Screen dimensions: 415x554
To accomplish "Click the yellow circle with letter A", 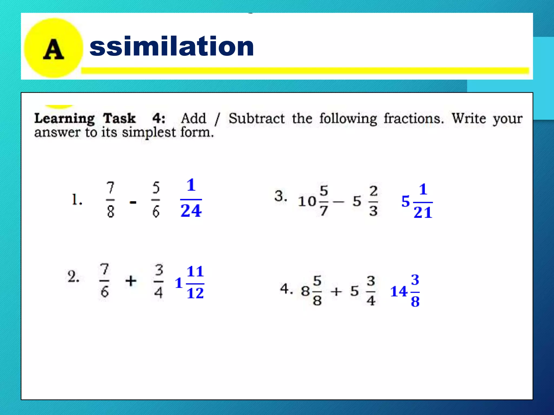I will [x=53, y=48].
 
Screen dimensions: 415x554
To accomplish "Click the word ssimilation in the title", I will [x=172, y=46].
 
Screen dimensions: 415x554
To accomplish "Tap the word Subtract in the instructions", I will [x=256, y=118].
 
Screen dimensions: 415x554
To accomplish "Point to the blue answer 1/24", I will [x=191, y=198].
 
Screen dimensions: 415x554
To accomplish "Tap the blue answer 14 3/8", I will [x=405, y=291].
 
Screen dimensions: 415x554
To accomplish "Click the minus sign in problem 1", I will [x=133, y=202].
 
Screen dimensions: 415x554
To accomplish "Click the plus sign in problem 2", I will [x=131, y=281].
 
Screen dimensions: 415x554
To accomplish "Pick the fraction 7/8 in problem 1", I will [x=110, y=200].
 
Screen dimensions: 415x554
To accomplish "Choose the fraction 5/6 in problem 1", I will [x=156, y=200].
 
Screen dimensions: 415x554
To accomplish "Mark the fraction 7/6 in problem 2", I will [x=104, y=281].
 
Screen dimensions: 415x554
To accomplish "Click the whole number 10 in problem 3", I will [x=307, y=201].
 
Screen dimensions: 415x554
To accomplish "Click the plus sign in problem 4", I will [x=336, y=292].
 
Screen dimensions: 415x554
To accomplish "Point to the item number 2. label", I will [x=73, y=277].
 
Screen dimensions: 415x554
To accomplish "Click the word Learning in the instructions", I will [x=64, y=119].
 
